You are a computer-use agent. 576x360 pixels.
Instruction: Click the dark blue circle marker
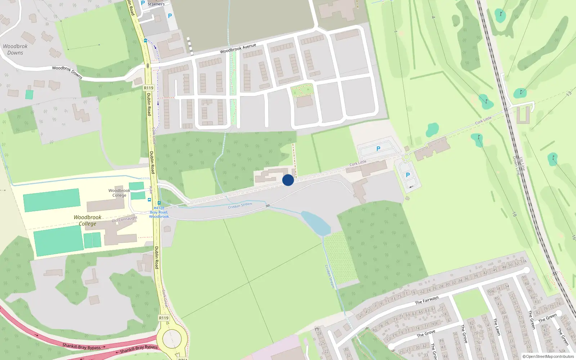pos(288,180)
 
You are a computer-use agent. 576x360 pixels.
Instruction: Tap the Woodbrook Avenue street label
pos(238,48)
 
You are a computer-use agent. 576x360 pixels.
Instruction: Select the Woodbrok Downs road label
pos(67,72)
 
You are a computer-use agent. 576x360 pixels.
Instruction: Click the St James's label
pos(156,4)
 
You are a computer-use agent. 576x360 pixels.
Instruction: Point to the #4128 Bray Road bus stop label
pos(159,212)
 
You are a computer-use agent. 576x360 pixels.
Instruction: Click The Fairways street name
pos(427,300)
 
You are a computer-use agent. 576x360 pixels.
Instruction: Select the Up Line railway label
pos(522,163)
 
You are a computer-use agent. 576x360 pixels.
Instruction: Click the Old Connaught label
pos(125,219)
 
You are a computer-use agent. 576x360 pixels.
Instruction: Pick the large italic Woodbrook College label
pos(87,220)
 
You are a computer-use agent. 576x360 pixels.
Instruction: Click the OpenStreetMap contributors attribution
pos(548,356)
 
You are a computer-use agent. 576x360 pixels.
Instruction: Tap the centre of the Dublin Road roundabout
pos(172,338)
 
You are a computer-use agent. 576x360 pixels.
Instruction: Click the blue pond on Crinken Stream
pos(316,223)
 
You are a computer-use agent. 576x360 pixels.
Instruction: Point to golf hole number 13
pos(569,94)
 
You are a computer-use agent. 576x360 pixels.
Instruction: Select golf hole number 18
pos(514,214)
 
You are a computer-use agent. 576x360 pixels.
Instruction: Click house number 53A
pos(523,261)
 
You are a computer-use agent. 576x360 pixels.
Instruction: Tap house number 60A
pos(491,291)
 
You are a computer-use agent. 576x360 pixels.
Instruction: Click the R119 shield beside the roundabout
pos(164,318)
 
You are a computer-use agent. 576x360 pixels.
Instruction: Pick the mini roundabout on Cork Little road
pos(406,157)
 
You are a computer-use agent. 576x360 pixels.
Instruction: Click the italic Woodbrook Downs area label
pos(15,49)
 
